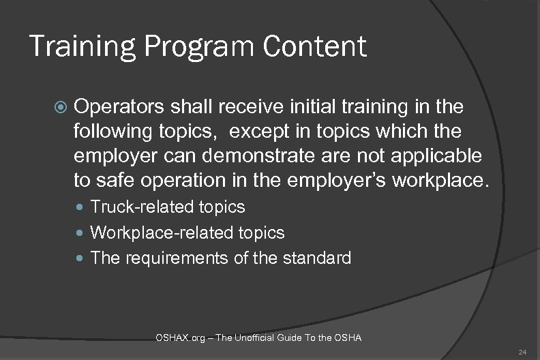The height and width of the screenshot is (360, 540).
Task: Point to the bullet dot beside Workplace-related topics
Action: click(x=82, y=233)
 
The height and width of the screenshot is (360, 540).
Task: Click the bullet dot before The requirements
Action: click(x=82, y=259)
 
